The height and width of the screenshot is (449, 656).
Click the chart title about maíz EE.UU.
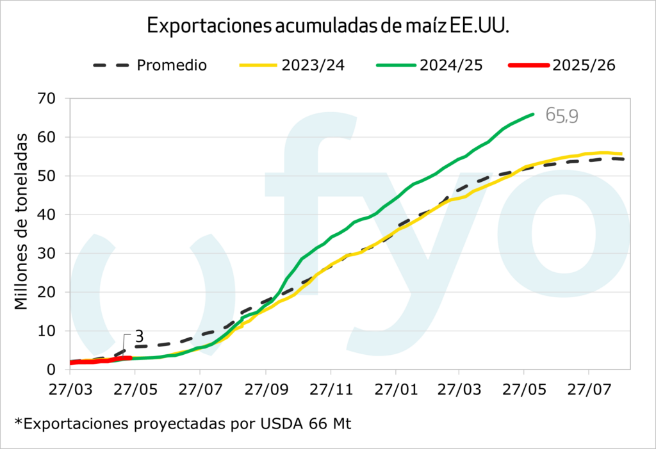tap(328, 25)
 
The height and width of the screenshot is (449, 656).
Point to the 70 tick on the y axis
tap(49, 99)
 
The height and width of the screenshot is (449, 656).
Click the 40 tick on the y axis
tap(49, 215)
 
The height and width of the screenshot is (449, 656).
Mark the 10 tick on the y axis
tap(49, 331)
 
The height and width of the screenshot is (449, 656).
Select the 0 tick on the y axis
tap(53, 370)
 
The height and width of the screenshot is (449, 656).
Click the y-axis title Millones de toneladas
tap(22, 221)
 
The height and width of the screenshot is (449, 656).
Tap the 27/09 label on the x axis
tap(265, 389)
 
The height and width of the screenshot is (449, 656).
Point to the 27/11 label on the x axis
tap(331, 389)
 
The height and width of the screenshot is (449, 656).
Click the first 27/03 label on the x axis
tap(71, 389)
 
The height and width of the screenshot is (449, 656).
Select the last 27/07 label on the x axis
tap(589, 389)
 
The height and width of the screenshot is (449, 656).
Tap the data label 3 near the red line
tap(138, 337)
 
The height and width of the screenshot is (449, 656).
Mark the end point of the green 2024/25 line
tap(533, 114)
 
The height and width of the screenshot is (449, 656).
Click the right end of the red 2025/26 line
tap(130, 358)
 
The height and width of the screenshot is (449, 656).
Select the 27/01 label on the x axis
tap(395, 389)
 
